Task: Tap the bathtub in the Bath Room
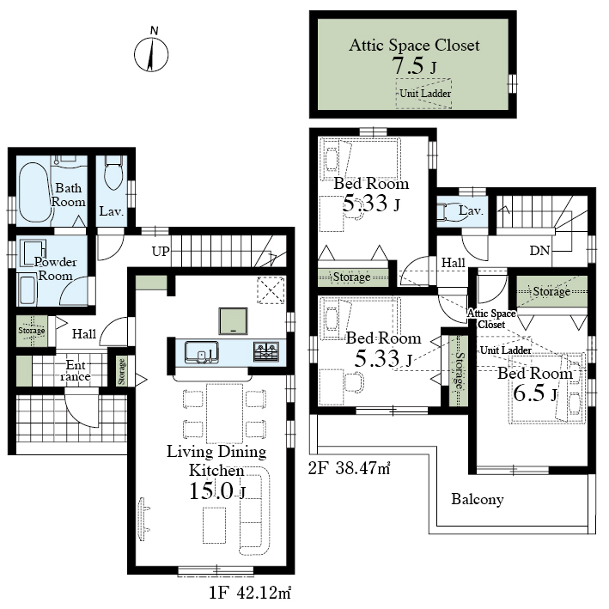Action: coord(34,192)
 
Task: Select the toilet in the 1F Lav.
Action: coord(113,173)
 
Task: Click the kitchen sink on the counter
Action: coord(201,352)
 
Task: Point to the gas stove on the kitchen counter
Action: coord(266,351)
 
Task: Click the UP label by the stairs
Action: coord(161,252)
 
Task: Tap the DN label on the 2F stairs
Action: coord(540,251)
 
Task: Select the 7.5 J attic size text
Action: coord(414,65)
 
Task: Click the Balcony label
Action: coord(478,499)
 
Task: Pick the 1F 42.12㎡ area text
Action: coord(250,593)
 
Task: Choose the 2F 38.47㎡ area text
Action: coord(349,468)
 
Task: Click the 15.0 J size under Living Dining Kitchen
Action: coord(217,491)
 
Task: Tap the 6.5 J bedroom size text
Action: coord(535,393)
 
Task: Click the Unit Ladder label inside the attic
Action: coord(425,94)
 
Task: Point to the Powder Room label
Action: coord(55,269)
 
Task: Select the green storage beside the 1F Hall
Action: coord(32,332)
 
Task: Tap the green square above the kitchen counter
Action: coord(233,321)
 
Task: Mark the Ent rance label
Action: coord(76,370)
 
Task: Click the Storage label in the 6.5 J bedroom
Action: coord(551,291)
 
